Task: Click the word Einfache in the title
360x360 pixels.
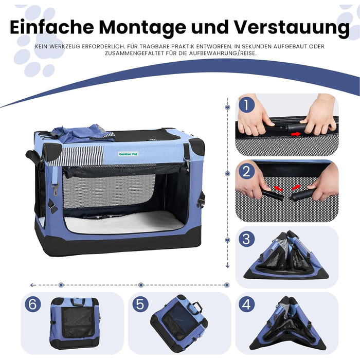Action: (x=52, y=27)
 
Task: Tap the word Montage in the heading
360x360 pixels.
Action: (x=142, y=28)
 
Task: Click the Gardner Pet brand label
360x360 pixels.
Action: (x=129, y=154)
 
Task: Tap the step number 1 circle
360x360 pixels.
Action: (x=246, y=105)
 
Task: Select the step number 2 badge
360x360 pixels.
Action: (x=246, y=171)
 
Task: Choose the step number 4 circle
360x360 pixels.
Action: (x=246, y=304)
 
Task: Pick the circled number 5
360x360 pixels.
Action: (x=140, y=304)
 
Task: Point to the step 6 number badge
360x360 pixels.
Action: (x=33, y=304)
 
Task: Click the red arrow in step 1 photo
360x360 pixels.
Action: (x=296, y=134)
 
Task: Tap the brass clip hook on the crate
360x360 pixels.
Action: (x=56, y=189)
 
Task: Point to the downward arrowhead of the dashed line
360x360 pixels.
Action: (x=227, y=266)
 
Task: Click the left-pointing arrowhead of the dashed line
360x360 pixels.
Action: (x=32, y=285)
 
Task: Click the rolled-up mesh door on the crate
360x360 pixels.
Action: (x=125, y=170)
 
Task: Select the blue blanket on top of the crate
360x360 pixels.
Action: (x=83, y=134)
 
